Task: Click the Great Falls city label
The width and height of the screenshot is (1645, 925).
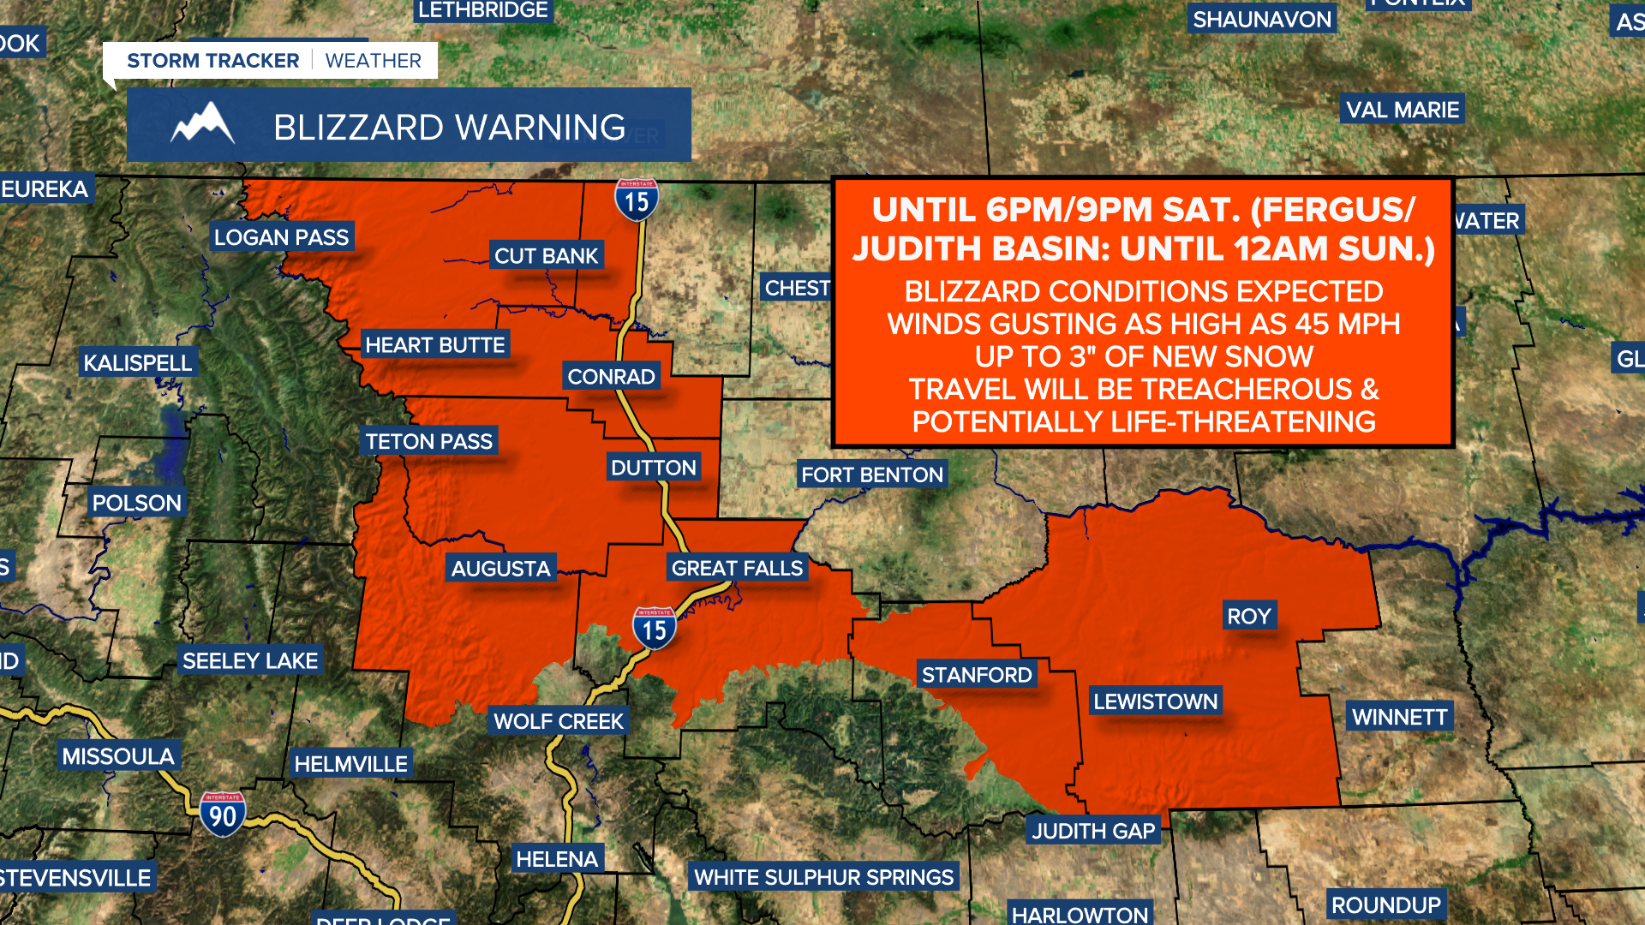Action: tap(737, 568)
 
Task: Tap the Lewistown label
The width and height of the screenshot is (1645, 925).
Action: tap(1155, 701)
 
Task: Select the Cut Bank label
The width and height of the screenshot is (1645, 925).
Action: tap(546, 255)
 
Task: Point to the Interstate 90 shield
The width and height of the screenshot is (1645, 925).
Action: tap(223, 815)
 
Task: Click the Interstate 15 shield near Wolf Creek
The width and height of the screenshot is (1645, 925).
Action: tap(655, 629)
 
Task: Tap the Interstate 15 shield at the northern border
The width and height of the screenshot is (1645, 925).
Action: tap(637, 200)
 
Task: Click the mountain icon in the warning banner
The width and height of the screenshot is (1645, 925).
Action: tap(203, 125)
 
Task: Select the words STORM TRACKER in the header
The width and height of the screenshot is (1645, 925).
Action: tap(213, 61)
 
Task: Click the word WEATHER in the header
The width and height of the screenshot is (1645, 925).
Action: tap(374, 61)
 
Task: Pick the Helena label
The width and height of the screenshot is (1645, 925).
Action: tap(557, 859)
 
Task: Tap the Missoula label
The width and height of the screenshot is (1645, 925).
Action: tap(118, 756)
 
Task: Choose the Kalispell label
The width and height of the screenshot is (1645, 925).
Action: tap(138, 362)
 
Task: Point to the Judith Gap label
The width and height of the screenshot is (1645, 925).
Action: tap(1093, 831)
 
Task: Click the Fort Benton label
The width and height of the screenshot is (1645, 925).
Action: tap(872, 474)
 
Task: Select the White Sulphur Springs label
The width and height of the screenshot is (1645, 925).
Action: tap(823, 877)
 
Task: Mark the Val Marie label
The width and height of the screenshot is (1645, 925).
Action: tap(1403, 110)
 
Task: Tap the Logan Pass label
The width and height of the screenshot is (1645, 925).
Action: tap(281, 237)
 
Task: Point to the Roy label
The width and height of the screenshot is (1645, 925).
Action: tap(1248, 616)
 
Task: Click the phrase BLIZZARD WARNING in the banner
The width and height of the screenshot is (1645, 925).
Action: tap(450, 128)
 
